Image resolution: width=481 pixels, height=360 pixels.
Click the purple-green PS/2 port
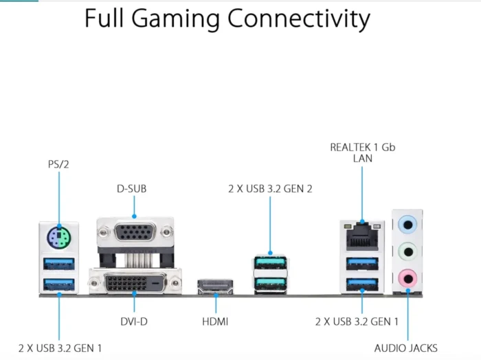[x=59, y=238]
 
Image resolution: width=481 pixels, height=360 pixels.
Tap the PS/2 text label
[x=58, y=164]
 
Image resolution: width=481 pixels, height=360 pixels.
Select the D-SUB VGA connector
[x=135, y=232]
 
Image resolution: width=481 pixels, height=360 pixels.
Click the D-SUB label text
[x=132, y=188]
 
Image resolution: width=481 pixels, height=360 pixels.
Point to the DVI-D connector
[x=135, y=283]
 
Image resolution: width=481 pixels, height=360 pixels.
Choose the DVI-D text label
[x=134, y=322]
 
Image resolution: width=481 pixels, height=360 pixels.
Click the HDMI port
[x=215, y=286]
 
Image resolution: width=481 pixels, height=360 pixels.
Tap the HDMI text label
[x=215, y=322]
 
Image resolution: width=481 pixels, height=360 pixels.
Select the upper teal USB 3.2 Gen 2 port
[x=270, y=263]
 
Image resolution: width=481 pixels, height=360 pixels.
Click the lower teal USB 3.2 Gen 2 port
[x=270, y=283]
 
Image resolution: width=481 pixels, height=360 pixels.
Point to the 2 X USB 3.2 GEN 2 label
[x=270, y=188]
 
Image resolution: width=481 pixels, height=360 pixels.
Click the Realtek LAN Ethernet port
[x=362, y=237]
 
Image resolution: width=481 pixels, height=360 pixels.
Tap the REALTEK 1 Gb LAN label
[x=363, y=153]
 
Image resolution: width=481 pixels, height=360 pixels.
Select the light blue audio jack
[x=407, y=225]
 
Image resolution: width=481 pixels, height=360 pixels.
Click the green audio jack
[x=407, y=251]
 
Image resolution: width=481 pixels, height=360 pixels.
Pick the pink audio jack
[x=407, y=279]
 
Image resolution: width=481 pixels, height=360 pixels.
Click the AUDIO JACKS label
[x=406, y=348]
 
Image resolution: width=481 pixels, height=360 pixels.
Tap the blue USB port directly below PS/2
[x=59, y=264]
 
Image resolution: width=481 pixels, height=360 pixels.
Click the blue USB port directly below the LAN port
[x=362, y=263]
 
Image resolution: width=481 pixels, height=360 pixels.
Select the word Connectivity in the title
[x=299, y=19]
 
